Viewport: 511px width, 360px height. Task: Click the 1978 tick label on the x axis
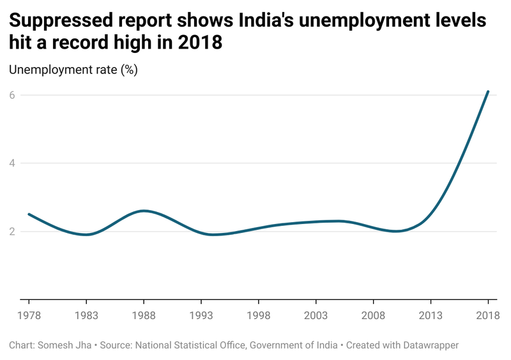click(28, 315)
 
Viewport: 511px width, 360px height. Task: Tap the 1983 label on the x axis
click(86, 315)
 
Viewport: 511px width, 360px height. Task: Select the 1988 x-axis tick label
click(143, 315)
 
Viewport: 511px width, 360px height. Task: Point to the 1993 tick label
click(201, 315)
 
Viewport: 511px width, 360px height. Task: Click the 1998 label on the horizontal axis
click(258, 315)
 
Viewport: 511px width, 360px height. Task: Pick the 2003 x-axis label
click(316, 315)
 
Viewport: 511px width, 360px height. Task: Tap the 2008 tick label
click(373, 315)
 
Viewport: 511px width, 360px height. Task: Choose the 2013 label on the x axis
click(431, 315)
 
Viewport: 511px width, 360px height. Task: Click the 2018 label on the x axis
click(488, 315)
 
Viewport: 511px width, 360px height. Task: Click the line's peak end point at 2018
click(488, 91)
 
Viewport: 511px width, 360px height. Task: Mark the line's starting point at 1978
click(28, 214)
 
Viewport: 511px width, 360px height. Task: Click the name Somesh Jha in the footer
click(66, 345)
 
